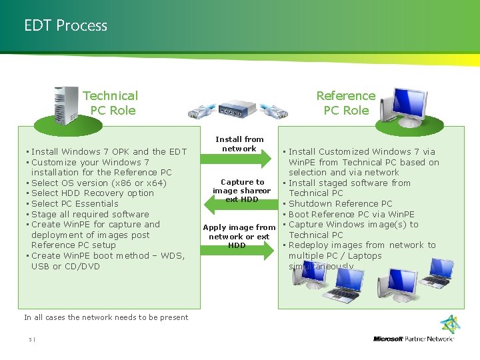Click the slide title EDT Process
tap(65, 26)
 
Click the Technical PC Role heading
tap(111, 103)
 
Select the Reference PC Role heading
tap(345, 103)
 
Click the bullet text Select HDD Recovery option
tap(93, 193)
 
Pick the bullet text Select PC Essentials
tap(75, 204)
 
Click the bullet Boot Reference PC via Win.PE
tap(351, 215)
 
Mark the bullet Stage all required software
tap(90, 215)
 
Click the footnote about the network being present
tap(106, 317)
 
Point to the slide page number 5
tap(31, 339)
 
